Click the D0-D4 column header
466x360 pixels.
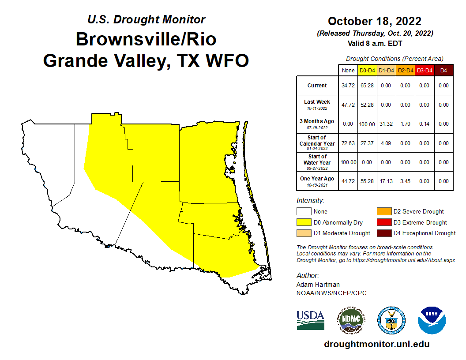tap(368, 70)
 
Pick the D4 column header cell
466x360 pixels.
tap(443, 70)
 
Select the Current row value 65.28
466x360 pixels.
tap(368, 86)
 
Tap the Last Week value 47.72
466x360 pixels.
tap(348, 105)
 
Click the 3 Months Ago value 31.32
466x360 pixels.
tap(387, 124)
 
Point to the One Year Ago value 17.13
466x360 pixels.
tap(387, 181)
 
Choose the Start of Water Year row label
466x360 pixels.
tap(317, 162)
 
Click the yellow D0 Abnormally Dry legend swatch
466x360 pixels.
tap(304, 222)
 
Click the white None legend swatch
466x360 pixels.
tap(304, 211)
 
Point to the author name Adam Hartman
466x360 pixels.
tap(315, 285)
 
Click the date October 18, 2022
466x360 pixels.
tap(375, 21)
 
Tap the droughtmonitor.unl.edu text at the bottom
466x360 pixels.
tap(376, 344)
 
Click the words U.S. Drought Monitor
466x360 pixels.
tap(146, 19)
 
